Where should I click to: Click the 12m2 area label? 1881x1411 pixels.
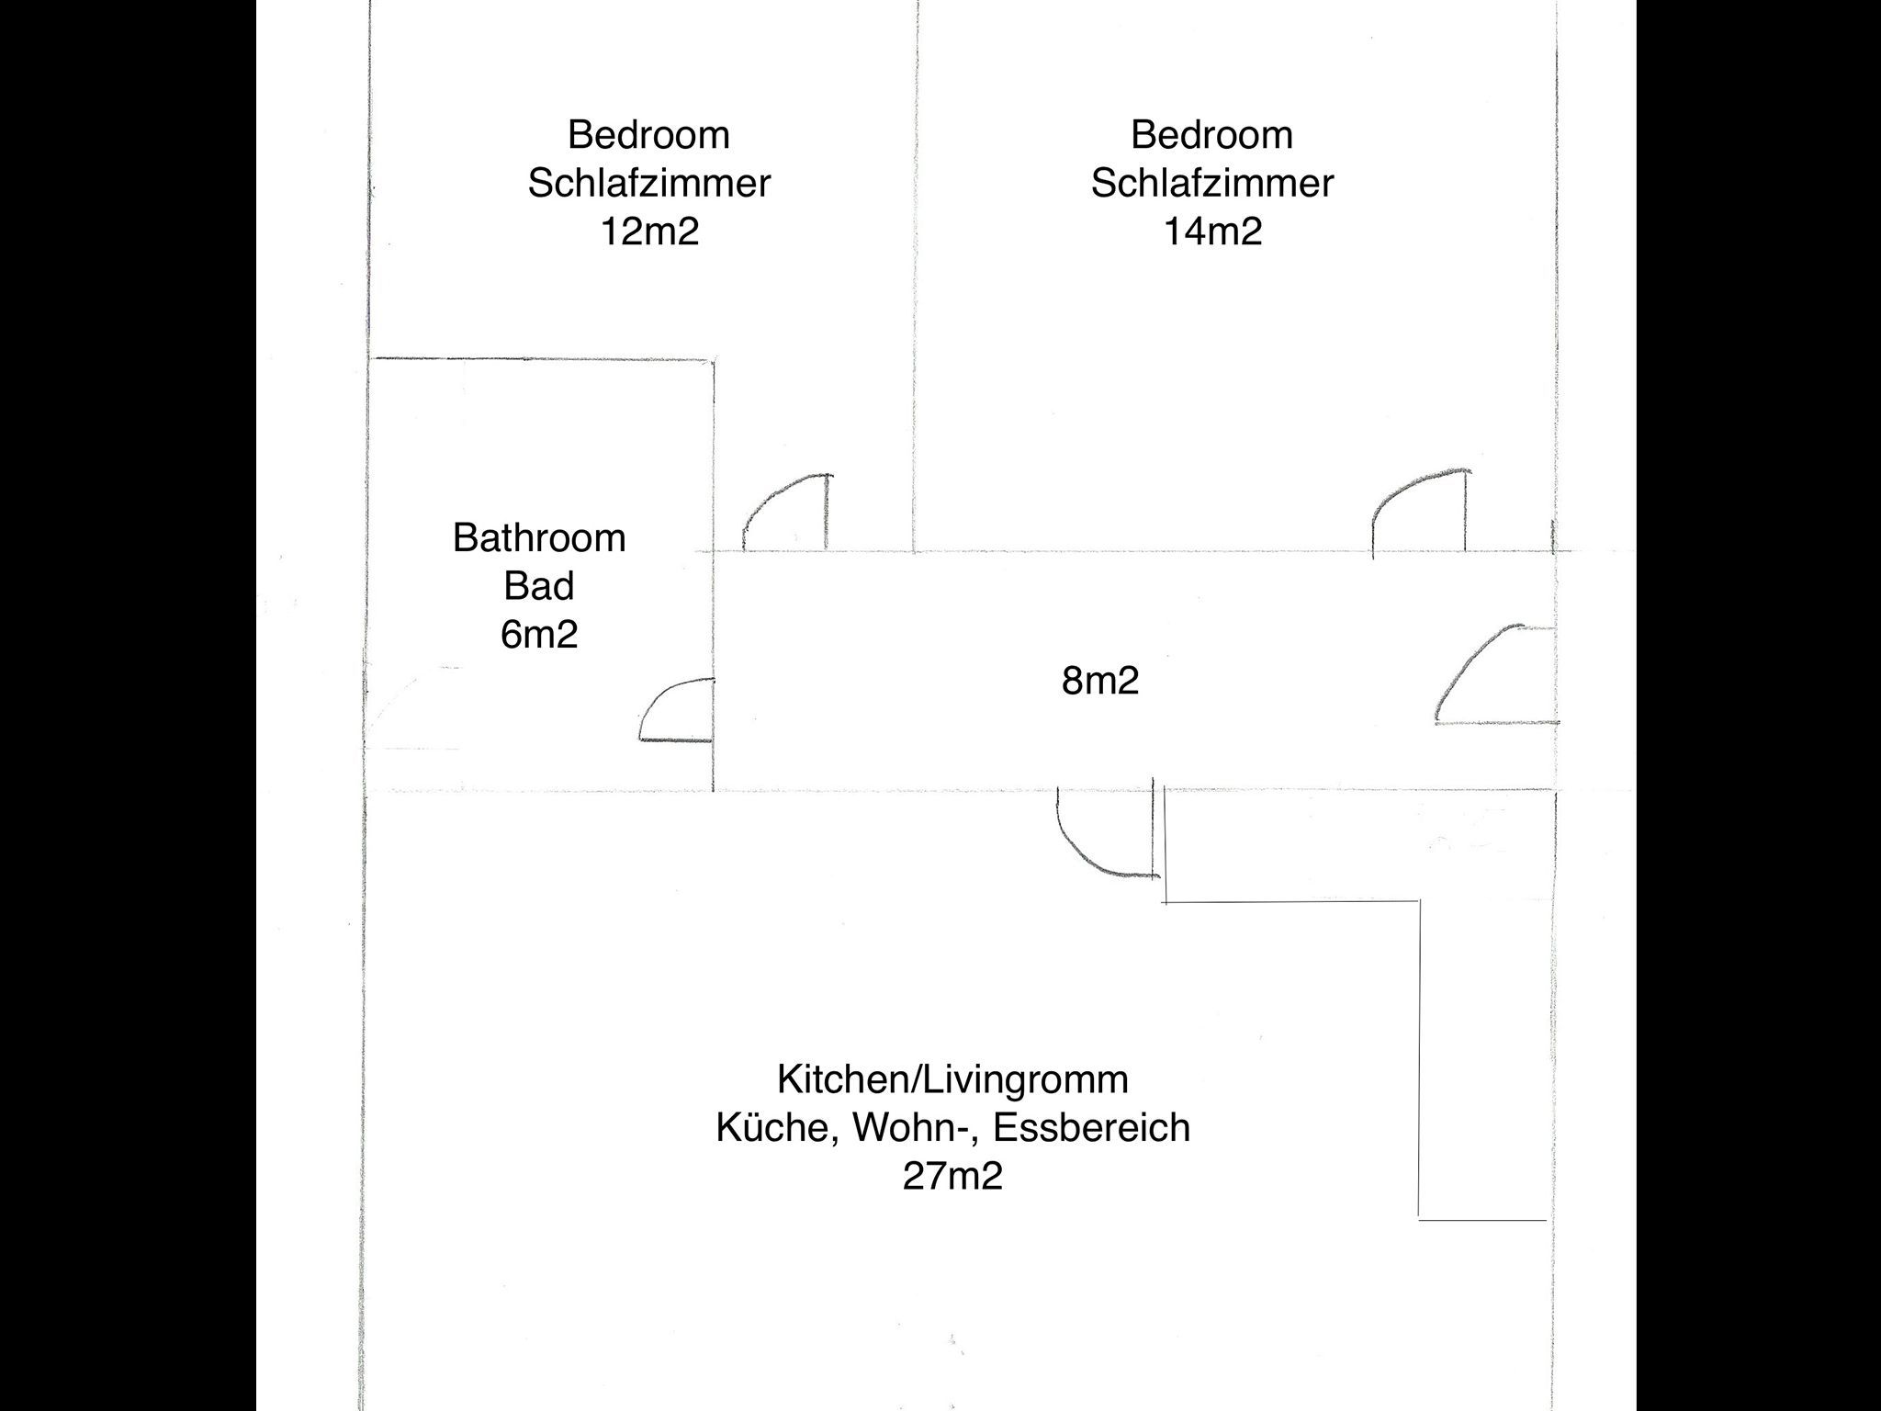(649, 231)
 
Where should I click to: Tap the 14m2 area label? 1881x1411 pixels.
(1212, 231)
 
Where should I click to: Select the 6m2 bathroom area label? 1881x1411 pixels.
(539, 635)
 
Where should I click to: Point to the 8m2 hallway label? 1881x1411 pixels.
(1100, 681)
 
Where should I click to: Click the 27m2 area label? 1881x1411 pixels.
(952, 1176)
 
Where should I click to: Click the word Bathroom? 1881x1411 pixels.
(539, 537)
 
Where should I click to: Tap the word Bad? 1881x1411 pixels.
(539, 586)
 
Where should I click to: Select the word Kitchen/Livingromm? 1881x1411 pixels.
(952, 1079)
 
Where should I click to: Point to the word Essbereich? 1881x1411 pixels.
(1092, 1128)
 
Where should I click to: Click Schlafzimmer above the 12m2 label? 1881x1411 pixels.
(649, 183)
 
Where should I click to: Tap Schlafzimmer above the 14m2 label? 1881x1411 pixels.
(1212, 183)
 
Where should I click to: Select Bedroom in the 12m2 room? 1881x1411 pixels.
(649, 134)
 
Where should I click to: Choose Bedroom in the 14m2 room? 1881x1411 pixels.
(1212, 134)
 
